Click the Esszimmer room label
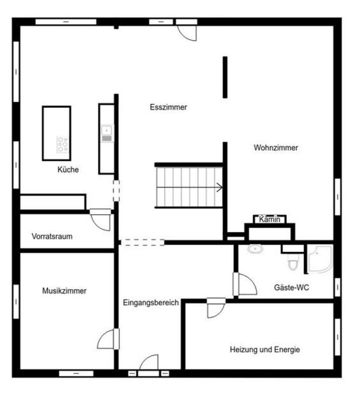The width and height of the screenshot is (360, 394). [168, 107]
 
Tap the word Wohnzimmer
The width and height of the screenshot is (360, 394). [276, 148]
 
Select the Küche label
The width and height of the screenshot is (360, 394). [68, 170]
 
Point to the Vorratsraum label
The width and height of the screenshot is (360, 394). [52, 236]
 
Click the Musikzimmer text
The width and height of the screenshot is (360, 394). [64, 291]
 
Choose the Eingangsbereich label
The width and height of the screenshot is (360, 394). [151, 302]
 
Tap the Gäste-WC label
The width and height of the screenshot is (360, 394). [291, 287]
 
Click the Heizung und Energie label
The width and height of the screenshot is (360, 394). [265, 349]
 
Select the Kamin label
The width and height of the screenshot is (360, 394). [270, 219]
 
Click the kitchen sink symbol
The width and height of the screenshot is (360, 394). [107, 130]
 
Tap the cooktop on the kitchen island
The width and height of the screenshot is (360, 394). [62, 144]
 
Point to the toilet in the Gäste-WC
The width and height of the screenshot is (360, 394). [293, 262]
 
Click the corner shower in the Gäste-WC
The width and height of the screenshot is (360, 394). [320, 259]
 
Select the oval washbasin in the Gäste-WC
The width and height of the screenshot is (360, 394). [255, 249]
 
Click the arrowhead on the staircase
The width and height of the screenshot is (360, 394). [219, 188]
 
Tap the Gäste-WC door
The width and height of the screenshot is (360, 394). [246, 285]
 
